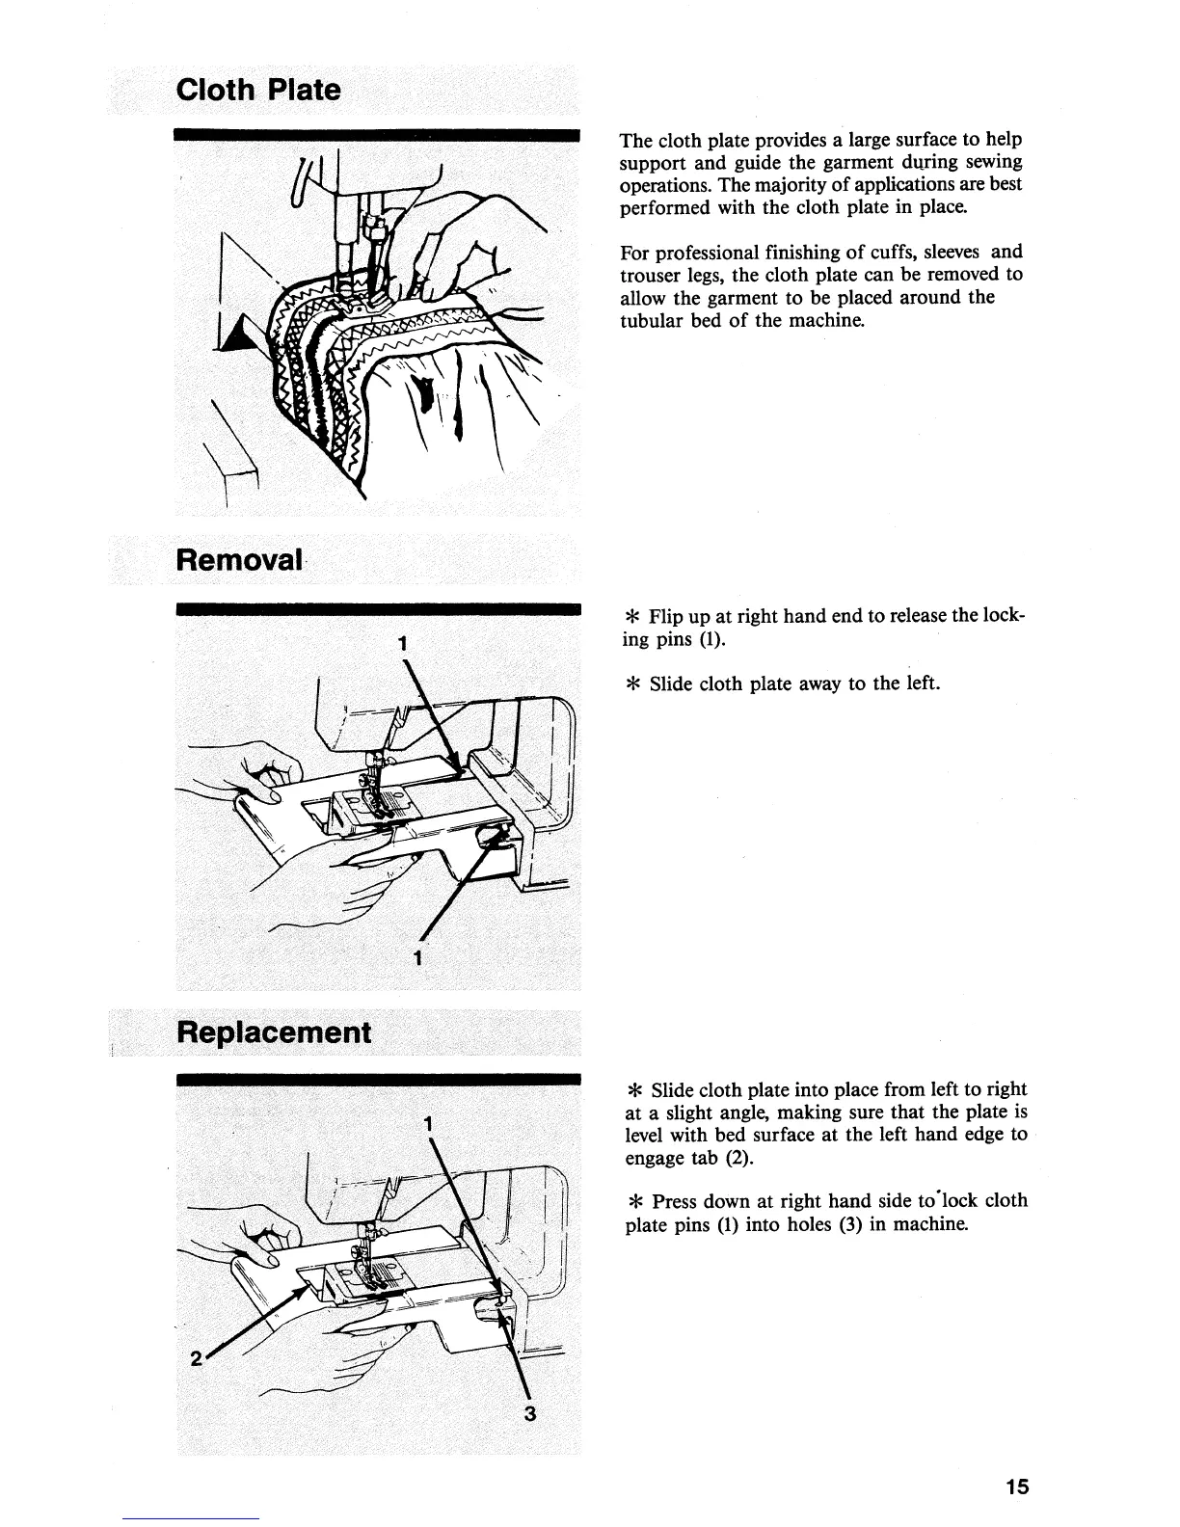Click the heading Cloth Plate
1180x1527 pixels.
[258, 91]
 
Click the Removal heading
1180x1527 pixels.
[238, 560]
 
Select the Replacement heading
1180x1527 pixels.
[273, 1032]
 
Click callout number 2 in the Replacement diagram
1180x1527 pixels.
[196, 1359]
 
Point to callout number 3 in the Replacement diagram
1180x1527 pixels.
[529, 1415]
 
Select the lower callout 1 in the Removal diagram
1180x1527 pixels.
[416, 958]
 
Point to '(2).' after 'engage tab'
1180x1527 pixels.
[738, 1157]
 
